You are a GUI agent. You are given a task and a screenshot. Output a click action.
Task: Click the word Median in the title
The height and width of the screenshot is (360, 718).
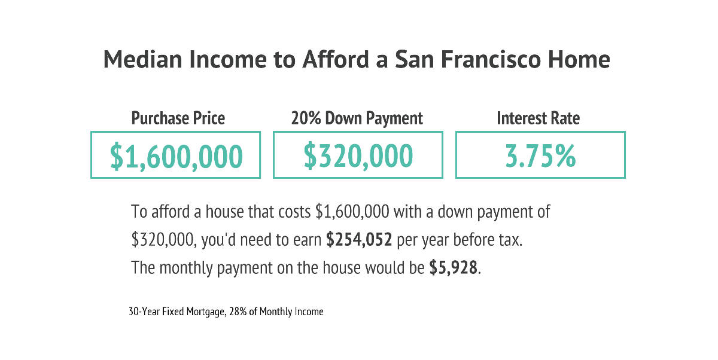click(143, 60)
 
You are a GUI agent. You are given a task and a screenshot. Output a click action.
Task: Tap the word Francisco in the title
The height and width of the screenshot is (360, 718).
click(491, 60)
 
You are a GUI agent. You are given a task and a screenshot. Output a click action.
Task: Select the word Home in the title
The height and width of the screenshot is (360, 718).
click(579, 60)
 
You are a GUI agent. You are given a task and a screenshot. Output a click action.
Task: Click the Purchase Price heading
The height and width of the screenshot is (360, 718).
click(178, 118)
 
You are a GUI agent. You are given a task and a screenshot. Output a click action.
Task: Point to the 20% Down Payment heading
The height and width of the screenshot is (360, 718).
click(357, 118)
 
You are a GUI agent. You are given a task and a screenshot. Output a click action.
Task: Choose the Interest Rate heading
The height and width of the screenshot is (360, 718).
click(538, 118)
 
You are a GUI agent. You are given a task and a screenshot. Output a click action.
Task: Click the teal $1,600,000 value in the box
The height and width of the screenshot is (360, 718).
click(176, 156)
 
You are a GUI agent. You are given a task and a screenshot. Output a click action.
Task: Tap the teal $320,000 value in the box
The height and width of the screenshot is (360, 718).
click(358, 156)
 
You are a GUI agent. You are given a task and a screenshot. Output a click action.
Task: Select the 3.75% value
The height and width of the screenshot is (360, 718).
click(540, 156)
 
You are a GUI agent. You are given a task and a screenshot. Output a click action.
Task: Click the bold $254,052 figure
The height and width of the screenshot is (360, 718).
click(359, 240)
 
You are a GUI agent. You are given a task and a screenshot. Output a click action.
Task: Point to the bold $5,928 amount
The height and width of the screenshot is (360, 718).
click(454, 267)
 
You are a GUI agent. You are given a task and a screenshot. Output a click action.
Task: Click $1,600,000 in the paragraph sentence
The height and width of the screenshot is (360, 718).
click(352, 212)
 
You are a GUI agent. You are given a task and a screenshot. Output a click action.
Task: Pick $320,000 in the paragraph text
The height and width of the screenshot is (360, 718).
click(164, 240)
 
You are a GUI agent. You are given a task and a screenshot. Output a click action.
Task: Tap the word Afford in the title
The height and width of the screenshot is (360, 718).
click(336, 60)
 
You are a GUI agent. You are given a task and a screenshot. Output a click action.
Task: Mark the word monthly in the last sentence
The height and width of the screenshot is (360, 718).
click(186, 268)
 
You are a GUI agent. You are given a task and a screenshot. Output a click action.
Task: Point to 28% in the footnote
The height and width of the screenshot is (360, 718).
click(238, 312)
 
